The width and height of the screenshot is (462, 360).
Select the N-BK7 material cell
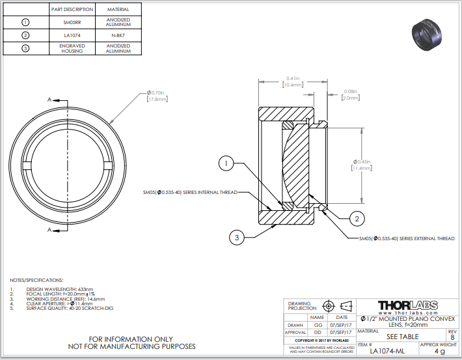click(x=118, y=35)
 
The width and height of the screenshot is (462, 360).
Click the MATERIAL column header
click(x=118, y=10)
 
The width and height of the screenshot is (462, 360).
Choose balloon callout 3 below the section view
click(x=236, y=238)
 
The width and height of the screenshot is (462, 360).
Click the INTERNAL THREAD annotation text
click(x=190, y=192)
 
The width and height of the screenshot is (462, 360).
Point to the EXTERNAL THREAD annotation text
click(x=407, y=238)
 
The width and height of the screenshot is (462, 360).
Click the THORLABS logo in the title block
click(x=407, y=305)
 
